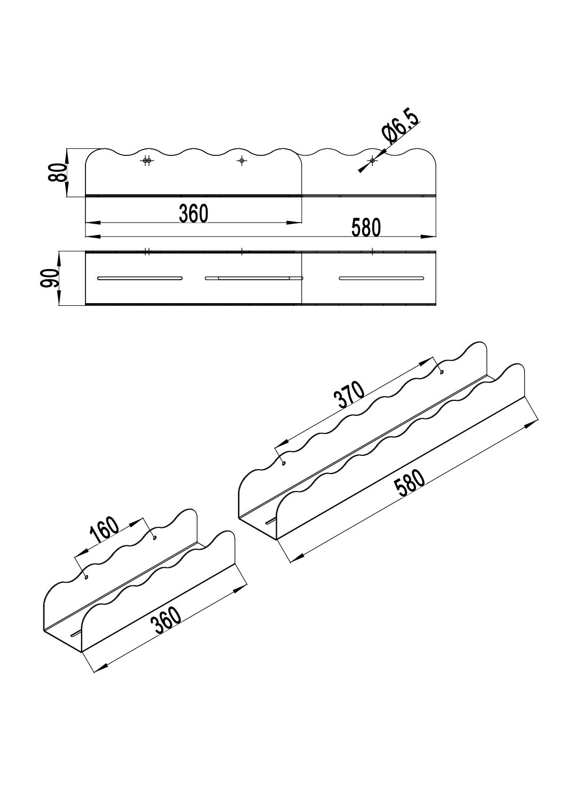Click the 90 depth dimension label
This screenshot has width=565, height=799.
click(x=49, y=279)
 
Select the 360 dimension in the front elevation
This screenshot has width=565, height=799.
click(x=193, y=213)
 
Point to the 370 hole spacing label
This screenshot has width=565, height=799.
click(x=349, y=394)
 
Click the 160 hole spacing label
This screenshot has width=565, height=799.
click(x=104, y=530)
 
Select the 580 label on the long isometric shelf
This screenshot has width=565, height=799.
click(x=410, y=484)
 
